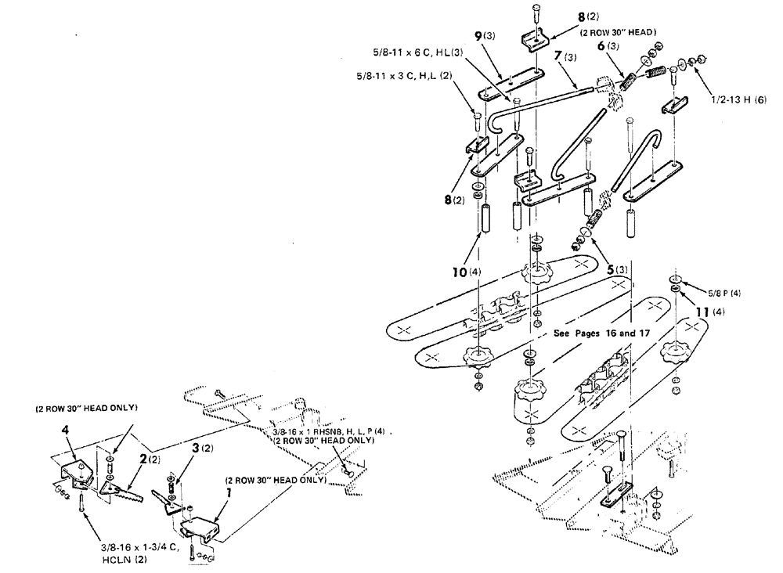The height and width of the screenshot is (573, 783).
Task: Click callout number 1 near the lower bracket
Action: point(228,495)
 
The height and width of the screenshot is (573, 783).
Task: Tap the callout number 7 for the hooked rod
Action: point(558,59)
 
